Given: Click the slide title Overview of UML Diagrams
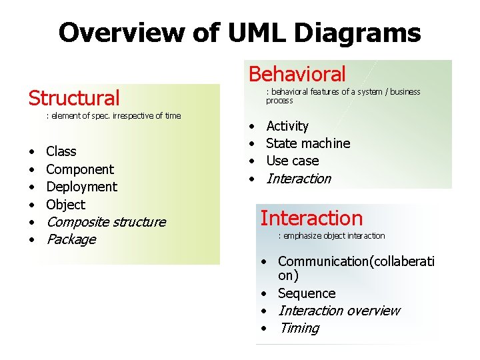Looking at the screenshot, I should [239, 32].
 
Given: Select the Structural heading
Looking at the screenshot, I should [74, 98].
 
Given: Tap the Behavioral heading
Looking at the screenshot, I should [297, 74].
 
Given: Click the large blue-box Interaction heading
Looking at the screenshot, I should [311, 218].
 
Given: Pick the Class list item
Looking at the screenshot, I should [61, 151].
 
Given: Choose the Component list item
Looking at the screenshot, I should [80, 169].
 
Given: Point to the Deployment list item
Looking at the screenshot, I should [81, 187].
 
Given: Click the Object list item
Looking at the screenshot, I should [66, 205].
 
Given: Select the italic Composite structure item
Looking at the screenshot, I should [106, 222].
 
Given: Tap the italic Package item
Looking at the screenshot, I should [71, 239].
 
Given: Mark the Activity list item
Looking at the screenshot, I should [287, 126].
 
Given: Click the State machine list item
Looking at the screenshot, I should [308, 143].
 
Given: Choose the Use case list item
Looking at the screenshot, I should [293, 161].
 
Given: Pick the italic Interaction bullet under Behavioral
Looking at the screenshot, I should [299, 179].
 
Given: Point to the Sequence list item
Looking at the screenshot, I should [307, 293].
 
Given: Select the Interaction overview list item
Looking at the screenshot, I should [339, 311].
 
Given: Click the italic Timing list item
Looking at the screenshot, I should [299, 328].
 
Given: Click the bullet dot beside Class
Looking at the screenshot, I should [31, 152].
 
